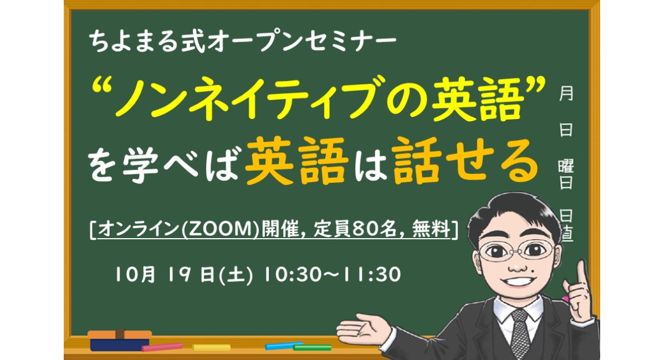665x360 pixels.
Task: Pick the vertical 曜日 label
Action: tap(565, 174)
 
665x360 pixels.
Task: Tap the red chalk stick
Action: tap(162, 347)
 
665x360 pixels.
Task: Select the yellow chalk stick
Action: tap(211, 347)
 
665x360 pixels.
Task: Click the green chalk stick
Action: tap(313, 348)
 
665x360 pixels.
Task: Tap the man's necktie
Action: tap(520, 332)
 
